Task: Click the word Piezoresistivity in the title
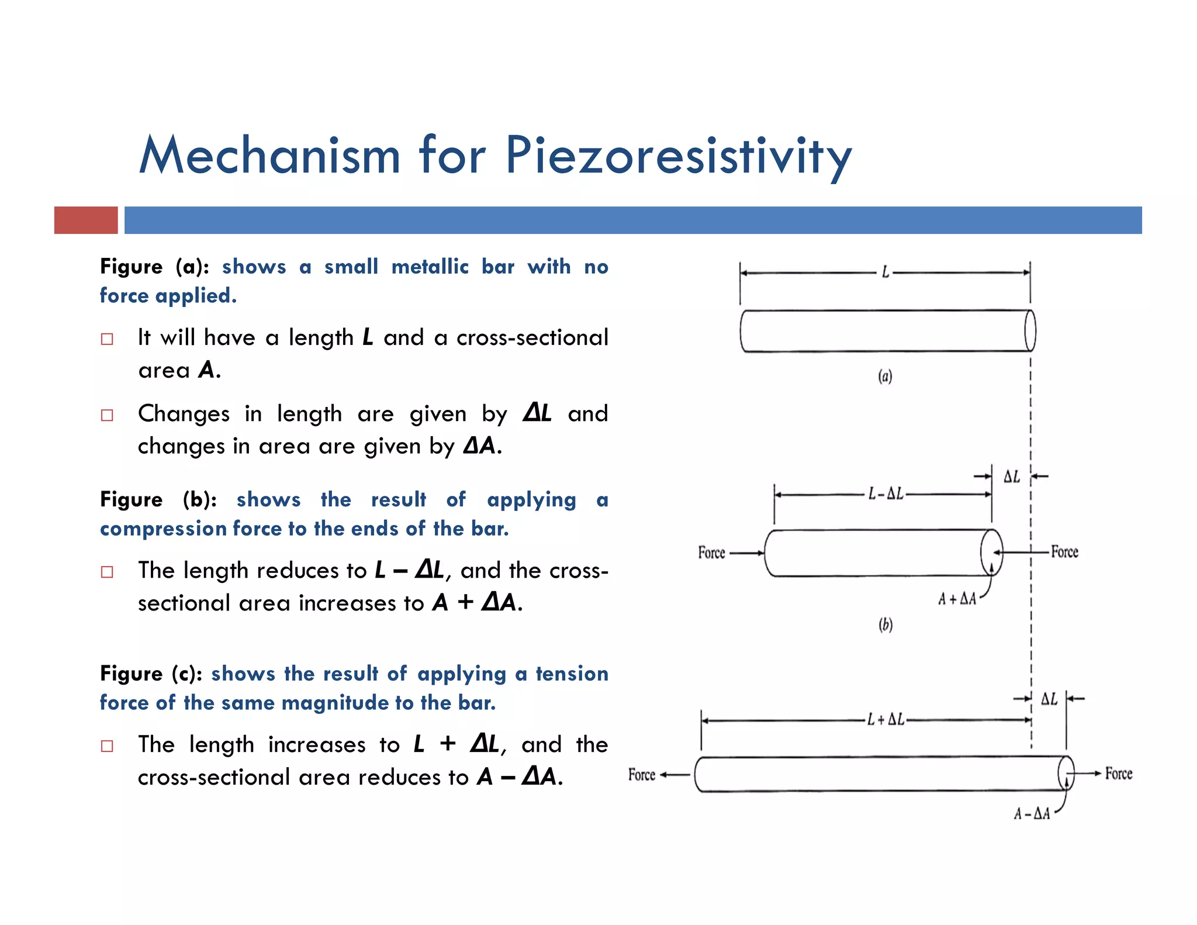tap(678, 156)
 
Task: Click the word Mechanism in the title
tap(270, 156)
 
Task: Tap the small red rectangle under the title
tap(86, 220)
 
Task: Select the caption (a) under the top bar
tap(885, 376)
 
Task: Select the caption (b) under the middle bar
tap(885, 625)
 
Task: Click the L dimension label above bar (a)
tap(885, 272)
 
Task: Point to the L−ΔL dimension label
tap(885, 495)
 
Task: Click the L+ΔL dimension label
tap(885, 720)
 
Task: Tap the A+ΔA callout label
tap(957, 599)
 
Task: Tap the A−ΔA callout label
tap(1032, 814)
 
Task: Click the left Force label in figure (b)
tap(711, 553)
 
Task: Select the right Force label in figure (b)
tap(1064, 552)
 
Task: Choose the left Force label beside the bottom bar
tap(642, 775)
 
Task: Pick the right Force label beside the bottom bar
tap(1119, 774)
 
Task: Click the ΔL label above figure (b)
tap(1012, 477)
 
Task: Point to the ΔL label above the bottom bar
tap(1049, 699)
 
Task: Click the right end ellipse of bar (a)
tap(1030, 331)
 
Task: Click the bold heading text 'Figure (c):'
tap(151, 674)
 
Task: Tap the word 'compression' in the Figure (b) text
tap(163, 529)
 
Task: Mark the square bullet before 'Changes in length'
tap(107, 415)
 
